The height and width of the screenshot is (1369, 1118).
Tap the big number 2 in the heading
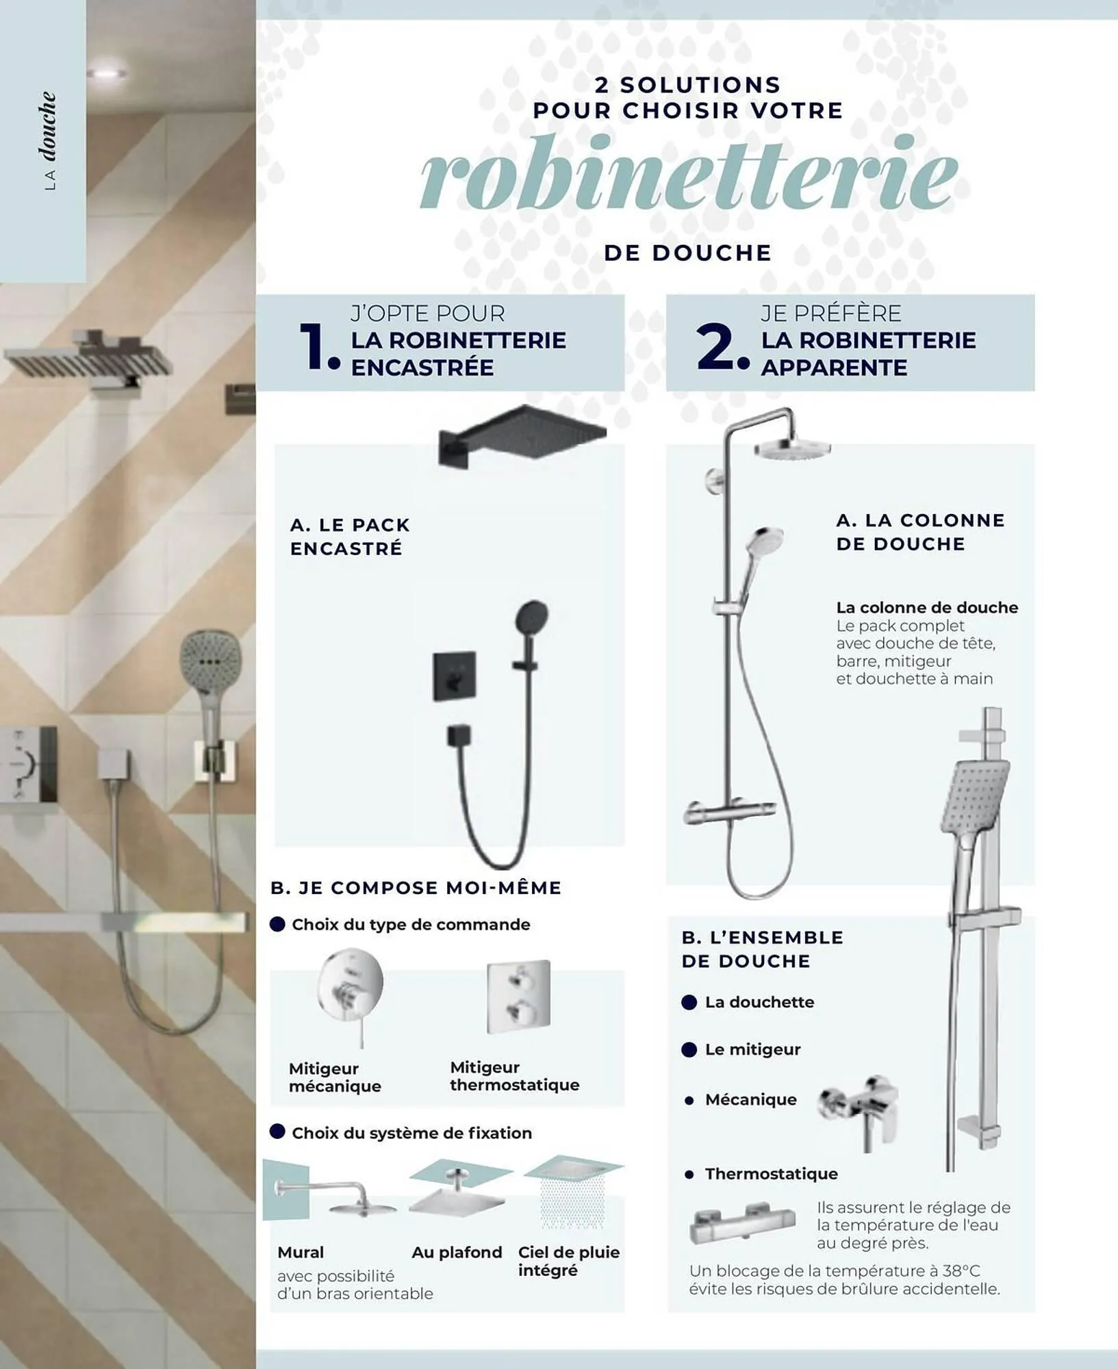tap(716, 346)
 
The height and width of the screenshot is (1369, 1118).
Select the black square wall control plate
tap(454, 676)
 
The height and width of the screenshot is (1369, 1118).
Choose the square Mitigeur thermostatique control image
tap(518, 996)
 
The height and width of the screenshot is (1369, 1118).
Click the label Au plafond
tap(457, 1252)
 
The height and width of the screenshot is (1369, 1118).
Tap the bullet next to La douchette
tap(689, 1002)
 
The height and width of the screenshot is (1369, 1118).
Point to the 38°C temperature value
tap(961, 1270)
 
